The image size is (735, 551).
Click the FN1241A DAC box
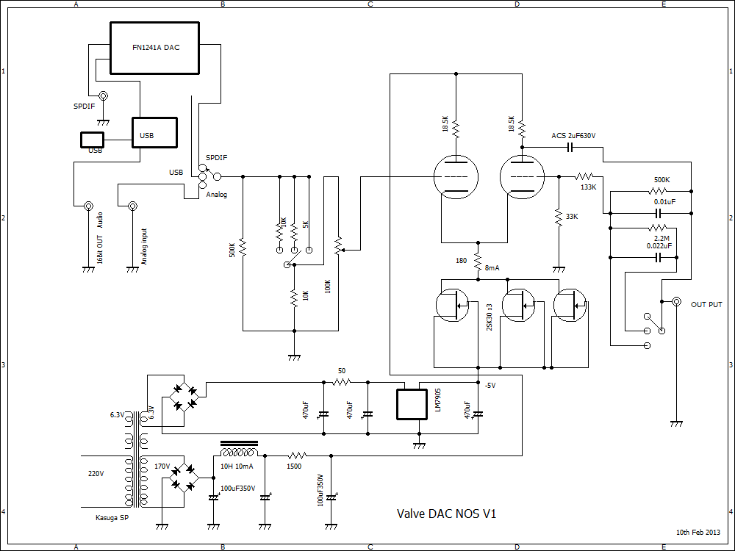154,48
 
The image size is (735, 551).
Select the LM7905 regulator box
412,403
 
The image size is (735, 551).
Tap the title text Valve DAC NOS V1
447,514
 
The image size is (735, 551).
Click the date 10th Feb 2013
698,532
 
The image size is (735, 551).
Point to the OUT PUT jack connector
676,302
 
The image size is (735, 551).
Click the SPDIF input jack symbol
103,96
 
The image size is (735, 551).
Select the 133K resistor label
588,187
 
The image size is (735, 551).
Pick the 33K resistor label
571,217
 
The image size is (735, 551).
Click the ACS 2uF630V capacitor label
573,136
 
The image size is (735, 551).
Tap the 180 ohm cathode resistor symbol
478,261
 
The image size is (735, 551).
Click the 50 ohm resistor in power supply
341,382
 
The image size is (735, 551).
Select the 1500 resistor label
294,467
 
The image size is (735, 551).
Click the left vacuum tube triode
456,177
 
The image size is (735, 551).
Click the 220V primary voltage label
96,474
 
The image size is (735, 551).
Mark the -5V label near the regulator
490,386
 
